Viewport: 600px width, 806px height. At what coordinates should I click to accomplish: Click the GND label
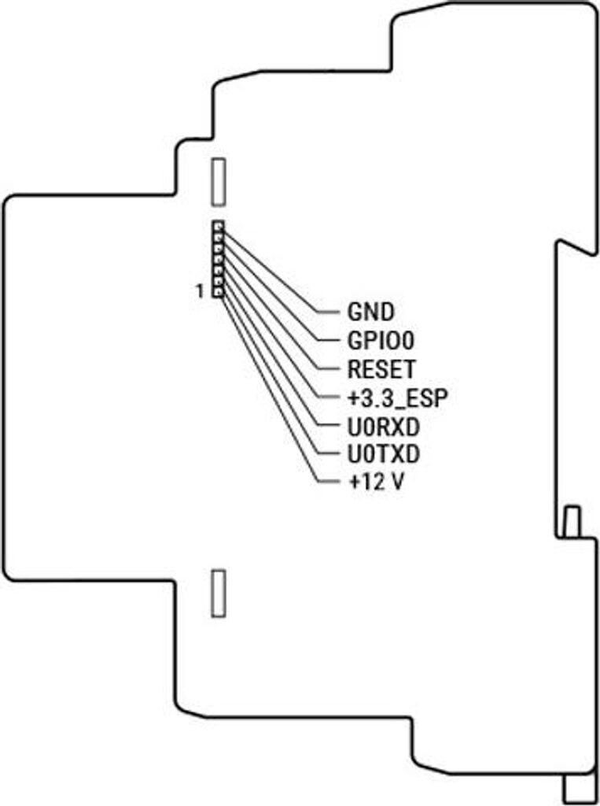click(x=370, y=312)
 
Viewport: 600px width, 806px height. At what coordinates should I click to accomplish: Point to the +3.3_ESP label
click(x=397, y=397)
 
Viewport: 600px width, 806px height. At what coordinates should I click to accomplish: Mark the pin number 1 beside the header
click(x=200, y=292)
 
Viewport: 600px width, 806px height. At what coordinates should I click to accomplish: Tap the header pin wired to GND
click(x=218, y=227)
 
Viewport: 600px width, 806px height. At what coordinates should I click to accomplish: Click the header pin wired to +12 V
click(x=218, y=293)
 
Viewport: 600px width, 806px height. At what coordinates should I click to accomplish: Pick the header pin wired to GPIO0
click(x=218, y=238)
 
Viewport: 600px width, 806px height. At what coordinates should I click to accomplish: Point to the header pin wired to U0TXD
click(x=218, y=282)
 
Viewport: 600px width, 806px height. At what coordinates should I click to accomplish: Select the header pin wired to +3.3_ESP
click(x=218, y=260)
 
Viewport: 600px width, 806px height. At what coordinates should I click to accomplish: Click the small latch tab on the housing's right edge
click(x=572, y=522)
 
